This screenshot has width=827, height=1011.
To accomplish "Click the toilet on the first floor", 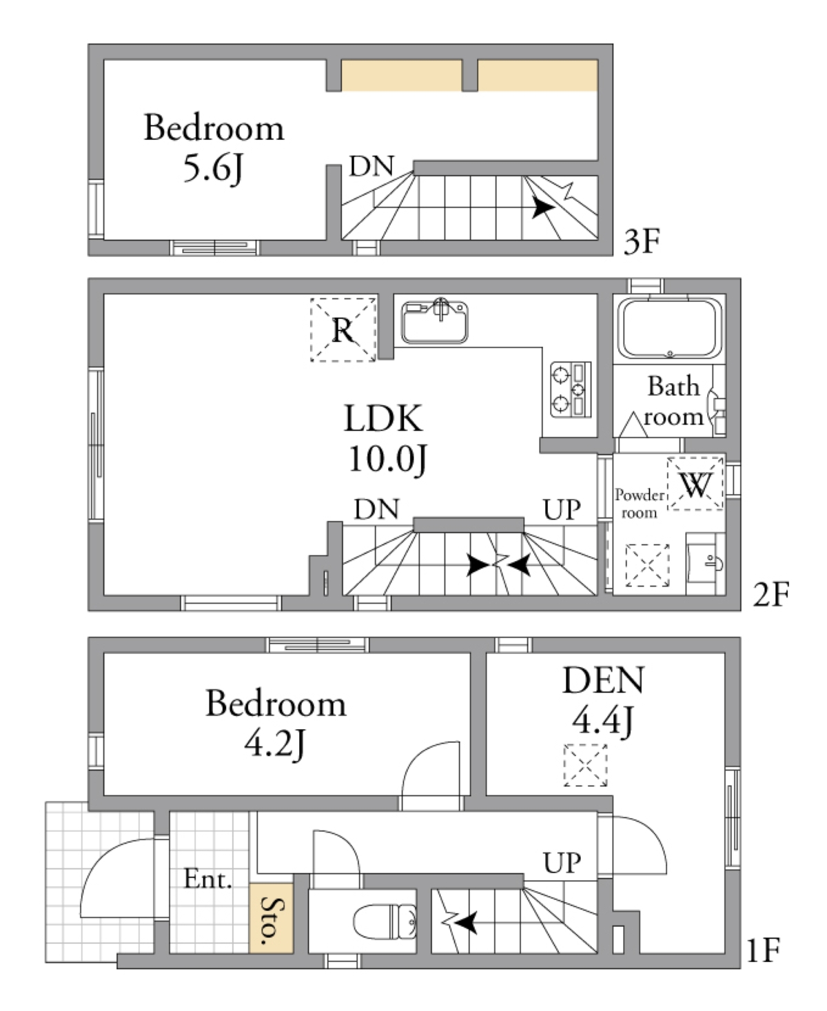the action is click(x=385, y=921).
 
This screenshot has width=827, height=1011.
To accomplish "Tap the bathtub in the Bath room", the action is click(x=670, y=328).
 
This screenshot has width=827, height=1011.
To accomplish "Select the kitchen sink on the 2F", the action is click(x=434, y=321).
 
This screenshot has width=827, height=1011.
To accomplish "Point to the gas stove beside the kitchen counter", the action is click(x=571, y=390).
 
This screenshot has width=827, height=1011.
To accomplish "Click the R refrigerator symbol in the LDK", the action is click(x=343, y=330).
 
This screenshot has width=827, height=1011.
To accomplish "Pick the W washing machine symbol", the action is click(x=695, y=484).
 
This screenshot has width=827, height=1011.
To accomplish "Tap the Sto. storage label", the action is click(x=272, y=921).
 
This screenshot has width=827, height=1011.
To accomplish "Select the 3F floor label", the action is click(x=642, y=241).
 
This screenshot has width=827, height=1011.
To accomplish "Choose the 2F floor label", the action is click(x=771, y=595).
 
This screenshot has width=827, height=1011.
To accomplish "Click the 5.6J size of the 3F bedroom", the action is click(x=214, y=169).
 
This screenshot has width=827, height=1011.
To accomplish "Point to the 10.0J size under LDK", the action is click(x=387, y=459).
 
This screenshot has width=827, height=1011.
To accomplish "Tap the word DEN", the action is click(x=604, y=680).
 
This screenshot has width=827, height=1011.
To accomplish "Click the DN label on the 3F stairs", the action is click(x=371, y=166).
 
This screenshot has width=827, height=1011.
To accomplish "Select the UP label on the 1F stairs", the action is click(x=562, y=863).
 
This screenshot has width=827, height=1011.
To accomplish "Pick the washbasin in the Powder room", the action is click(x=705, y=564).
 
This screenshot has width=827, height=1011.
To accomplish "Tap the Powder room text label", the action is click(x=640, y=503).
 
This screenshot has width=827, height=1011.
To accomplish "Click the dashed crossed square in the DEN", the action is click(x=585, y=765).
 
